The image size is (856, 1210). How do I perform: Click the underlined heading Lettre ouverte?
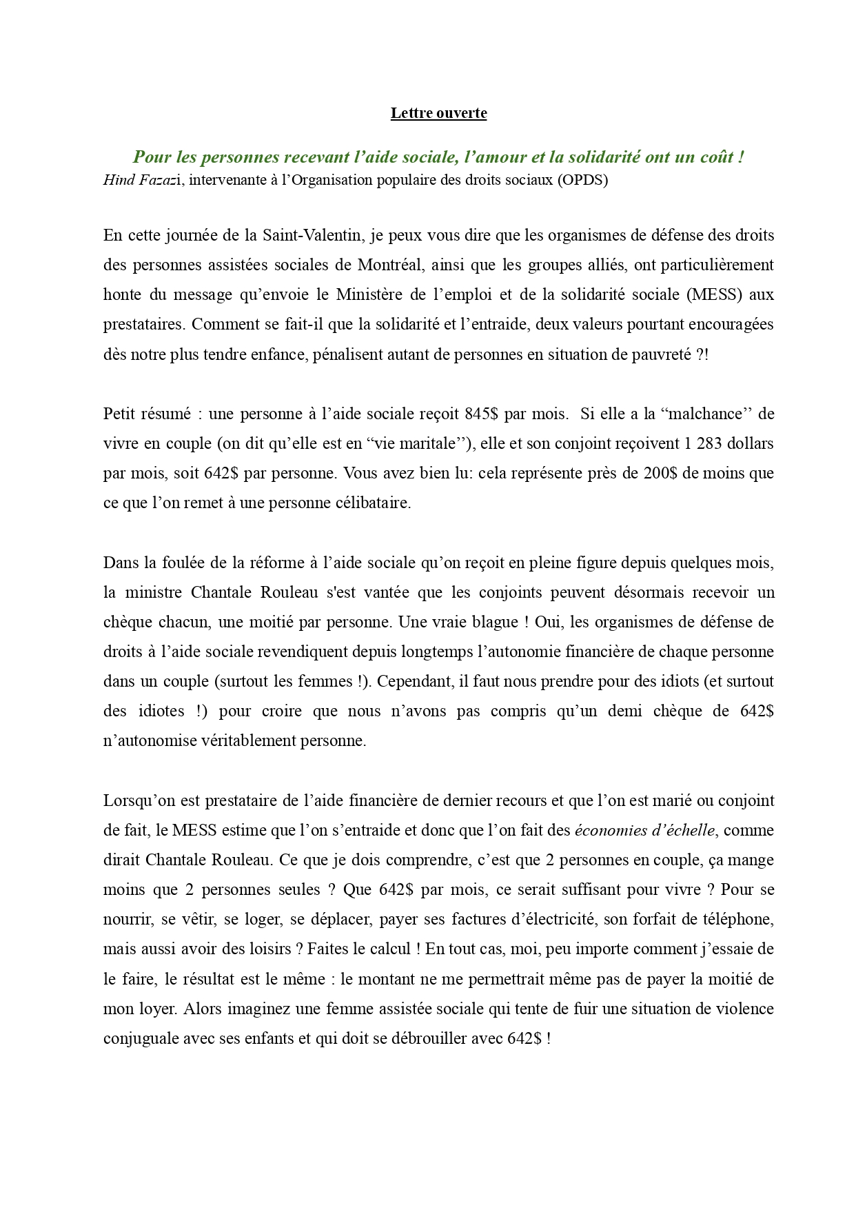[x=438, y=113]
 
